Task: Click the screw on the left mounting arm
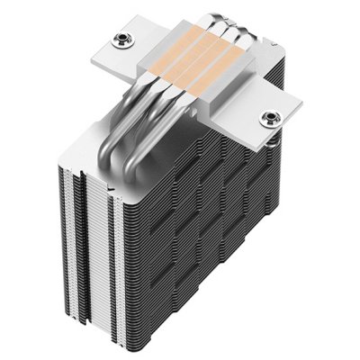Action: [121, 40]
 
